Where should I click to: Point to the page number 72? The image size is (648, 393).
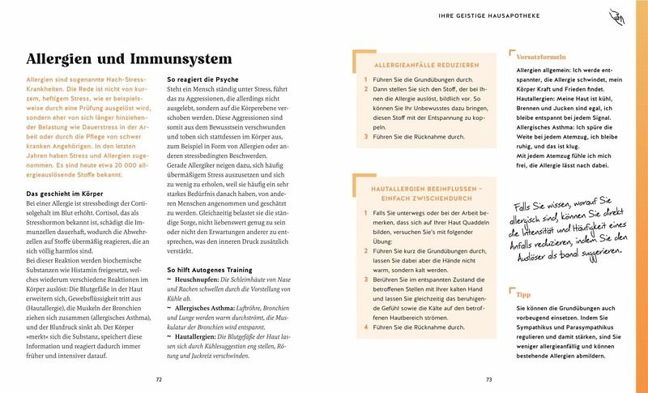pos(159,379)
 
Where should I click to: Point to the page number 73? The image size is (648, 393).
pos(488,379)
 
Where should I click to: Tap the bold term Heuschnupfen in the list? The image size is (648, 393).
pos(201,277)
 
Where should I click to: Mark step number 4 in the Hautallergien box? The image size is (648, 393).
pos(366,328)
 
